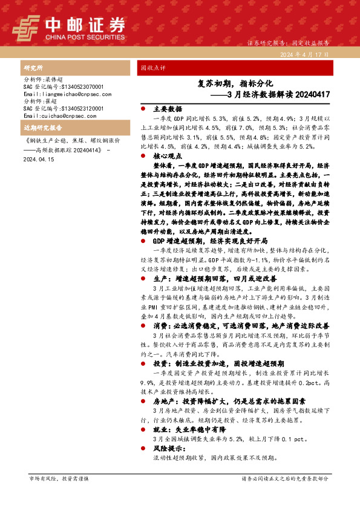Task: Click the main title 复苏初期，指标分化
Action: coord(236,83)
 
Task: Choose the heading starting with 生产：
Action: coord(208,279)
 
